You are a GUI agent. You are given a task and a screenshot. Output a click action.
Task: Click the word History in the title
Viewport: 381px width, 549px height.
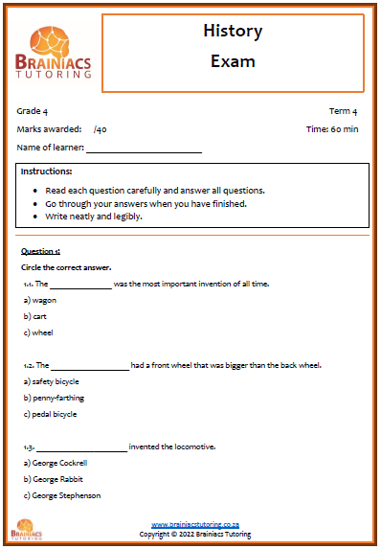pyautogui.click(x=233, y=32)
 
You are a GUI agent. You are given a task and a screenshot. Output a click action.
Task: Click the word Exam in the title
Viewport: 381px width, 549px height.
pyautogui.click(x=233, y=61)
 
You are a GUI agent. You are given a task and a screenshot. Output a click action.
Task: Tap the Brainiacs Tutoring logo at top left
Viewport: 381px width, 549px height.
pyautogui.click(x=54, y=52)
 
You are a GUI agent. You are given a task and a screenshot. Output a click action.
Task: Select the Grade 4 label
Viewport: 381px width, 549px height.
pyautogui.click(x=32, y=111)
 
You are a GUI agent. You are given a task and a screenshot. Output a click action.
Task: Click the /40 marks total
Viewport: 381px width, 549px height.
pyautogui.click(x=101, y=129)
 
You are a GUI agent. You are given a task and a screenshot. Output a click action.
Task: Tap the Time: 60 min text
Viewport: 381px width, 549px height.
pyautogui.click(x=332, y=129)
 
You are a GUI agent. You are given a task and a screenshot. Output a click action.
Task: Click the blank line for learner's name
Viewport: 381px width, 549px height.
pyautogui.click(x=144, y=149)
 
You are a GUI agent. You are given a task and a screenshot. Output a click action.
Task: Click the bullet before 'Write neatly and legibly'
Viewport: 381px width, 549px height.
pyautogui.click(x=35, y=217)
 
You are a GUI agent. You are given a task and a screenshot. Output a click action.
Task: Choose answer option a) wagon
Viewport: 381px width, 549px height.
pyautogui.click(x=39, y=300)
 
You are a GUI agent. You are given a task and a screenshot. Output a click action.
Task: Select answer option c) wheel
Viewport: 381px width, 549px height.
pyautogui.click(x=37, y=332)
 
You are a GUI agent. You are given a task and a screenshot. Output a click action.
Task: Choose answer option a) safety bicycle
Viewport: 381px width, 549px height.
pyautogui.click(x=51, y=381)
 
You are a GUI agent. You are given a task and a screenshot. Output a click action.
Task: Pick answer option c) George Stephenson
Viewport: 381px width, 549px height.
pyautogui.click(x=61, y=495)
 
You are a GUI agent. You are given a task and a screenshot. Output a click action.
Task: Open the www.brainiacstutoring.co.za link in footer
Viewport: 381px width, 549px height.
pyautogui.click(x=194, y=525)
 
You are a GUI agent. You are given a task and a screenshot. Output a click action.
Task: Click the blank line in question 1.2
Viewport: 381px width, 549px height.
pyautogui.click(x=89, y=365)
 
